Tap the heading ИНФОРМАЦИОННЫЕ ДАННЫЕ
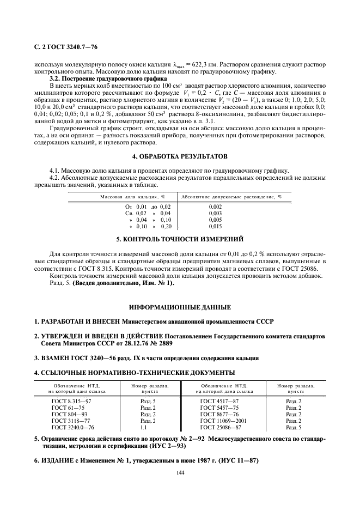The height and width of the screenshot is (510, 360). pyautogui.click(x=180, y=307)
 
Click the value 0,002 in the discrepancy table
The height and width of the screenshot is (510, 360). pyautogui.click(x=215, y=208)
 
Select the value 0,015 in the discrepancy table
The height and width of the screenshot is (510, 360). pyautogui.click(x=215, y=226)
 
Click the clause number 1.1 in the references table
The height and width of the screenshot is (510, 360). pyautogui.click(x=144, y=428)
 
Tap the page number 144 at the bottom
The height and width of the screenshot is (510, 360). pyautogui.click(x=180, y=472)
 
